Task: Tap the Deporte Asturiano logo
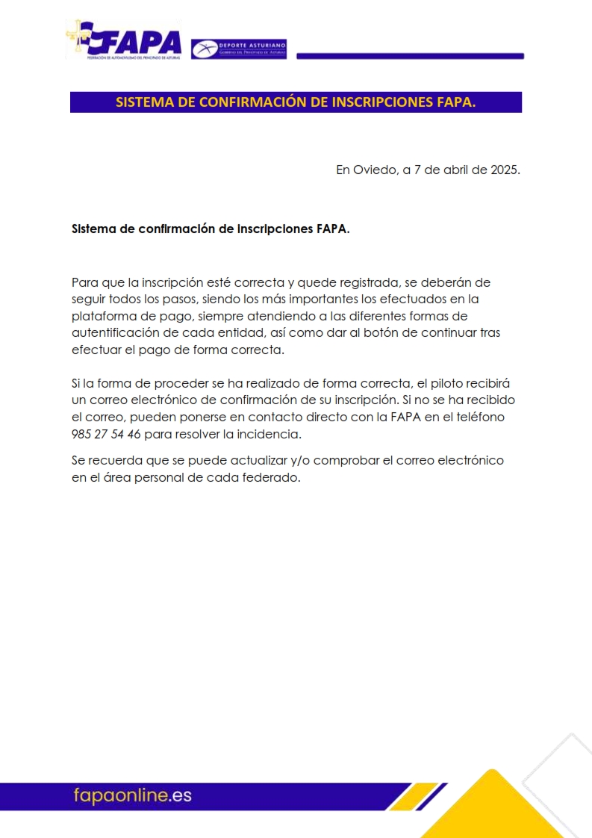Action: point(239,49)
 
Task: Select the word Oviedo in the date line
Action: point(376,170)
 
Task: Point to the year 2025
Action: point(503,170)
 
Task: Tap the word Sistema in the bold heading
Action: point(93,229)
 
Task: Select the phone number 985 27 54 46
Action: point(106,434)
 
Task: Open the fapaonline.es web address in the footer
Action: point(132,795)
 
